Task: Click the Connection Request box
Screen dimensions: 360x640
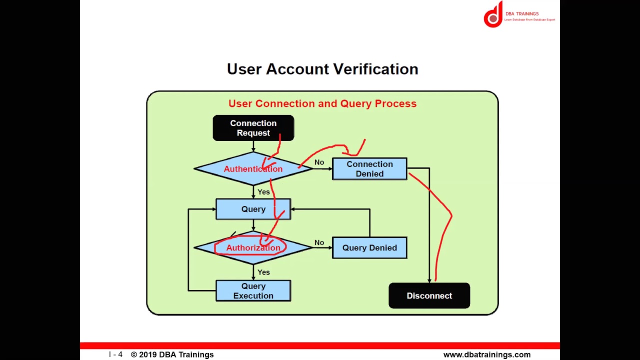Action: (253, 128)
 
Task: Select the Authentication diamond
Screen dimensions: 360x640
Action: (253, 169)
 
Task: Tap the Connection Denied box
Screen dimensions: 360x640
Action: (369, 169)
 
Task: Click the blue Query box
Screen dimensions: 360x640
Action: (253, 209)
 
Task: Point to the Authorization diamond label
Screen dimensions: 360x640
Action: (253, 248)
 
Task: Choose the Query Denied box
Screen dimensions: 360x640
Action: (369, 248)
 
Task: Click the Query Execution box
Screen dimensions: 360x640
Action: (253, 291)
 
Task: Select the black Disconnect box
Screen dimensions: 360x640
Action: (429, 296)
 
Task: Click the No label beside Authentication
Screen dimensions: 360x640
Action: (319, 162)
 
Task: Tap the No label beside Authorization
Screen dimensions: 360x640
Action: (319, 242)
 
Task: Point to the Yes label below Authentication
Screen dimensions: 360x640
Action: (263, 192)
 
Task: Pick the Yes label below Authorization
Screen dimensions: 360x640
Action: (263, 272)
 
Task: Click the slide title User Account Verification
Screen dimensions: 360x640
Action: (322, 69)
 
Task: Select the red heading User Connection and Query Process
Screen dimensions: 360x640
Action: (322, 103)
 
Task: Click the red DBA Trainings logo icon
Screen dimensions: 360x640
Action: (493, 15)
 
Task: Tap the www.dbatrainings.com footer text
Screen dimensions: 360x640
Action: (486, 354)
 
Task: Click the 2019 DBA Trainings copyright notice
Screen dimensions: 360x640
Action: (172, 354)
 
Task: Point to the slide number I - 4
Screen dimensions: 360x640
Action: (115, 354)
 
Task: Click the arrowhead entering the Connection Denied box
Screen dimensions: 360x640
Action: (329, 169)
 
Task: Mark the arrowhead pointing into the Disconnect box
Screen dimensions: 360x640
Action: (429, 280)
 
